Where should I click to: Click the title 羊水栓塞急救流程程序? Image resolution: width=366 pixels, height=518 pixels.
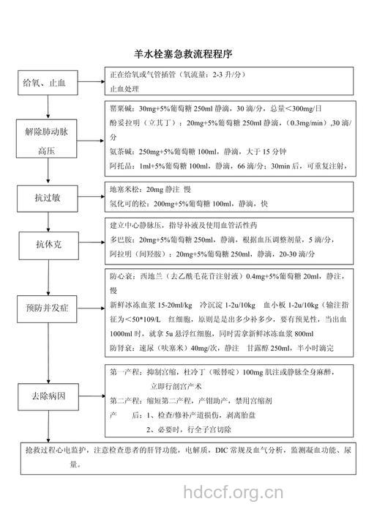[183, 54]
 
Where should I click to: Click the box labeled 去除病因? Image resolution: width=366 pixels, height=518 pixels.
[48, 396]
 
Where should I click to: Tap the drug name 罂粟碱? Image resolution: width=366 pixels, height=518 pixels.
[121, 108]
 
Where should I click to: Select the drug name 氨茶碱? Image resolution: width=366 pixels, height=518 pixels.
[121, 152]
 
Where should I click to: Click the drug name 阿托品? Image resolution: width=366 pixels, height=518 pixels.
[121, 166]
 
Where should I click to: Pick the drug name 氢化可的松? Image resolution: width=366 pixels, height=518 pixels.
[127, 203]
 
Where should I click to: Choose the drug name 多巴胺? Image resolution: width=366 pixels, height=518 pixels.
[121, 240]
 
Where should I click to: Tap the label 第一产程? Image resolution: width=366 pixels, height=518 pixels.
[125, 372]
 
